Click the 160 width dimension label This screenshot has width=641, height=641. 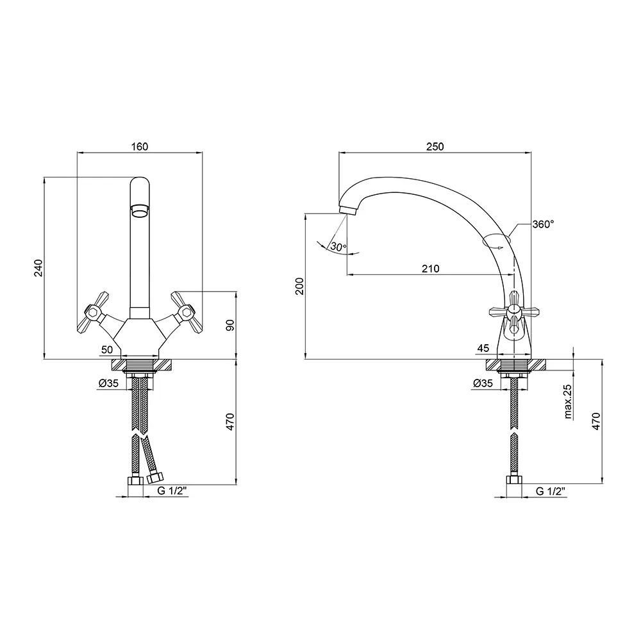coord(139,146)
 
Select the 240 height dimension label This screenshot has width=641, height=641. coord(38,268)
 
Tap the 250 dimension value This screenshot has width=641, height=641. coord(435,146)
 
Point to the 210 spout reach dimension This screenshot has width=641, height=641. coord(431,269)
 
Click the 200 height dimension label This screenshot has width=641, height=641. coord(300,286)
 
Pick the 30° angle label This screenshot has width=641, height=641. coord(338,247)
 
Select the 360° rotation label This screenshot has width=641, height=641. coord(544,224)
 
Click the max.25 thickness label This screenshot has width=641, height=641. coord(568,402)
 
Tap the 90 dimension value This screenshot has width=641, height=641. coord(230,325)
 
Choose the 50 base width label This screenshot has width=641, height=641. coord(106,349)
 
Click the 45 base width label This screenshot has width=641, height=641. coord(483,348)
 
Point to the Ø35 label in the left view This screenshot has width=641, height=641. coord(108,383)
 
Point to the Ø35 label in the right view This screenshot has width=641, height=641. coord(483,383)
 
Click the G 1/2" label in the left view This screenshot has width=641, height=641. coord(172,491)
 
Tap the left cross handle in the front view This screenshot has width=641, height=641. coord(92,312)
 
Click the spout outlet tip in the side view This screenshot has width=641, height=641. coord(348,210)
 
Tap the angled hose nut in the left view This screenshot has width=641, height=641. coord(155,477)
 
